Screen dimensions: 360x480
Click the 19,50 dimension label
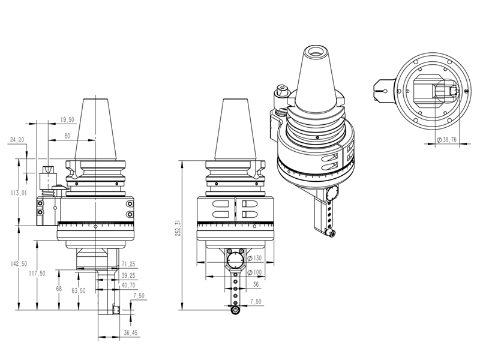click(67, 121)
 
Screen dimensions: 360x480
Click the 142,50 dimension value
click(23, 265)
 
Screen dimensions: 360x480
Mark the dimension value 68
click(58, 289)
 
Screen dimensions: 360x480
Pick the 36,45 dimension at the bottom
click(130, 332)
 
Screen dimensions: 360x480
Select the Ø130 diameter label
click(254, 258)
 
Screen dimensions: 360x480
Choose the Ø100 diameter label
click(254, 273)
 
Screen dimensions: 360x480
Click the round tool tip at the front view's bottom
click(235, 310)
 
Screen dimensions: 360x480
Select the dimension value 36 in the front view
click(256, 284)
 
